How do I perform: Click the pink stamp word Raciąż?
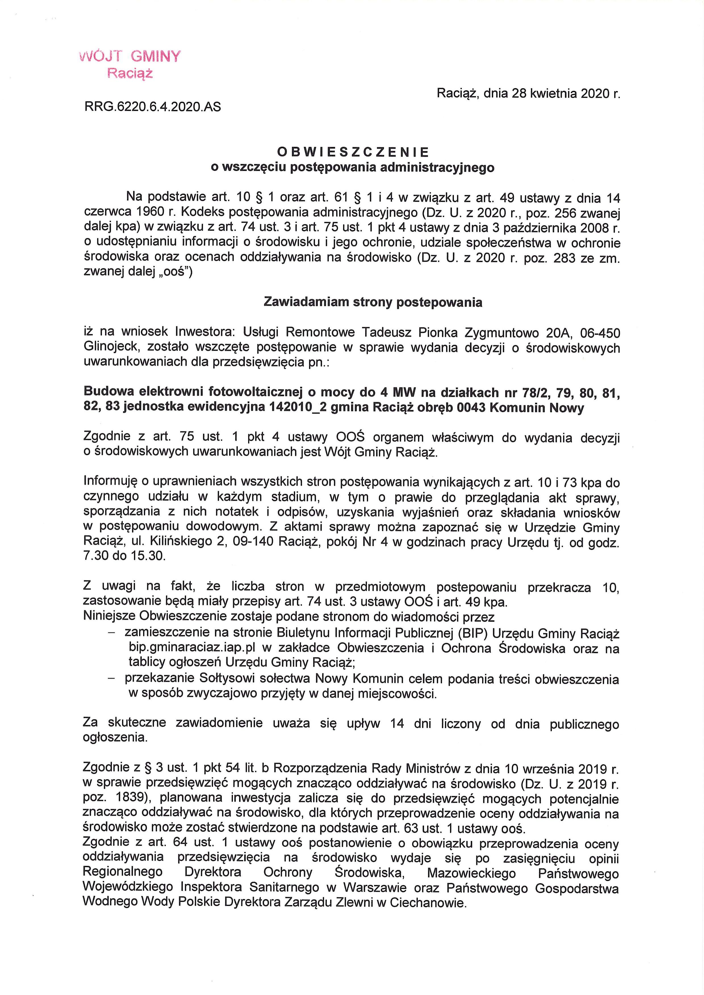click(130, 74)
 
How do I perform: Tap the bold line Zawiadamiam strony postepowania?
click(373, 302)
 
